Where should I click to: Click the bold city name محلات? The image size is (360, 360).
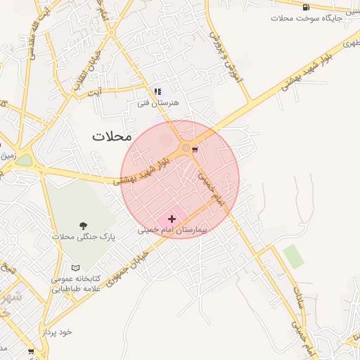point(112,136)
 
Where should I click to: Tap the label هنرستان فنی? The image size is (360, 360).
point(158,103)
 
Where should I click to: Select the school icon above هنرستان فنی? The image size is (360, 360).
point(157,91)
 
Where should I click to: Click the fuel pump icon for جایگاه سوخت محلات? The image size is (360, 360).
point(306,7)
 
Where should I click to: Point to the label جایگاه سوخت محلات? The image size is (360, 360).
point(306,18)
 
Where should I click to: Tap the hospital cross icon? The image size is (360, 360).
point(172,219)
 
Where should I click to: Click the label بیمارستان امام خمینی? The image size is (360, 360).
point(172,230)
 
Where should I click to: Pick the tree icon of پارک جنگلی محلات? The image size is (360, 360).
point(84,226)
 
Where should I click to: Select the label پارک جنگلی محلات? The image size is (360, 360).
point(84,237)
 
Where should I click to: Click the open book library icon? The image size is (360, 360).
point(76,268)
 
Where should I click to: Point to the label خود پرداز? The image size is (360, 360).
point(56,330)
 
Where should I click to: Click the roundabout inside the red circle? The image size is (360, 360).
point(186,148)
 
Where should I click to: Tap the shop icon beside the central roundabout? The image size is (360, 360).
point(195,148)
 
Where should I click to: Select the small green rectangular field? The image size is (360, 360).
point(294,257)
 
